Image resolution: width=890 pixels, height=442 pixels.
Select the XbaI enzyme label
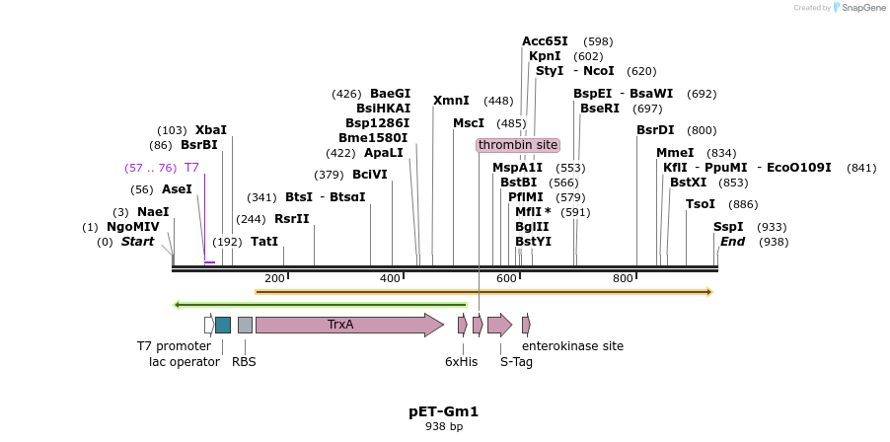coord(210,130)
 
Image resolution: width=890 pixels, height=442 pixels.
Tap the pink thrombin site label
coord(518,145)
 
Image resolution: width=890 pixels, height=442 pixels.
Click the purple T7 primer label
coord(191,168)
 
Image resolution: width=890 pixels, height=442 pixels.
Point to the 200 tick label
coord(274,278)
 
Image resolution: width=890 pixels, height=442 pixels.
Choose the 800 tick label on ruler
coord(623,278)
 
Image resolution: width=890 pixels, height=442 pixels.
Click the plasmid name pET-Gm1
coord(443,411)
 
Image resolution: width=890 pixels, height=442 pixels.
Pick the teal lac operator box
coord(223,325)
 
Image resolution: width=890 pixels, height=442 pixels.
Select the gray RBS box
coord(245,325)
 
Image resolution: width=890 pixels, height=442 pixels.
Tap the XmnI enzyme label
coord(451,101)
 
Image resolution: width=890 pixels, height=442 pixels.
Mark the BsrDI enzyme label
coord(655,130)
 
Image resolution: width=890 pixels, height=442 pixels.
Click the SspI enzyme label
coord(728,227)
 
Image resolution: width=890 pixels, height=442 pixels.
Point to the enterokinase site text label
coord(572,346)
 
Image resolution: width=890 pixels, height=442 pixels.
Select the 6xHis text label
coord(461,362)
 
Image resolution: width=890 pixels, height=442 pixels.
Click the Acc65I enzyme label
coord(545,41)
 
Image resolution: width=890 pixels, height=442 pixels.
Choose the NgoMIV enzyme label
coord(132,227)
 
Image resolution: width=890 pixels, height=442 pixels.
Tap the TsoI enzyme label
coord(700,204)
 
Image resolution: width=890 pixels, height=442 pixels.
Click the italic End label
coord(732,242)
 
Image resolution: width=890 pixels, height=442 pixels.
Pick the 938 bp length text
coord(443,427)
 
